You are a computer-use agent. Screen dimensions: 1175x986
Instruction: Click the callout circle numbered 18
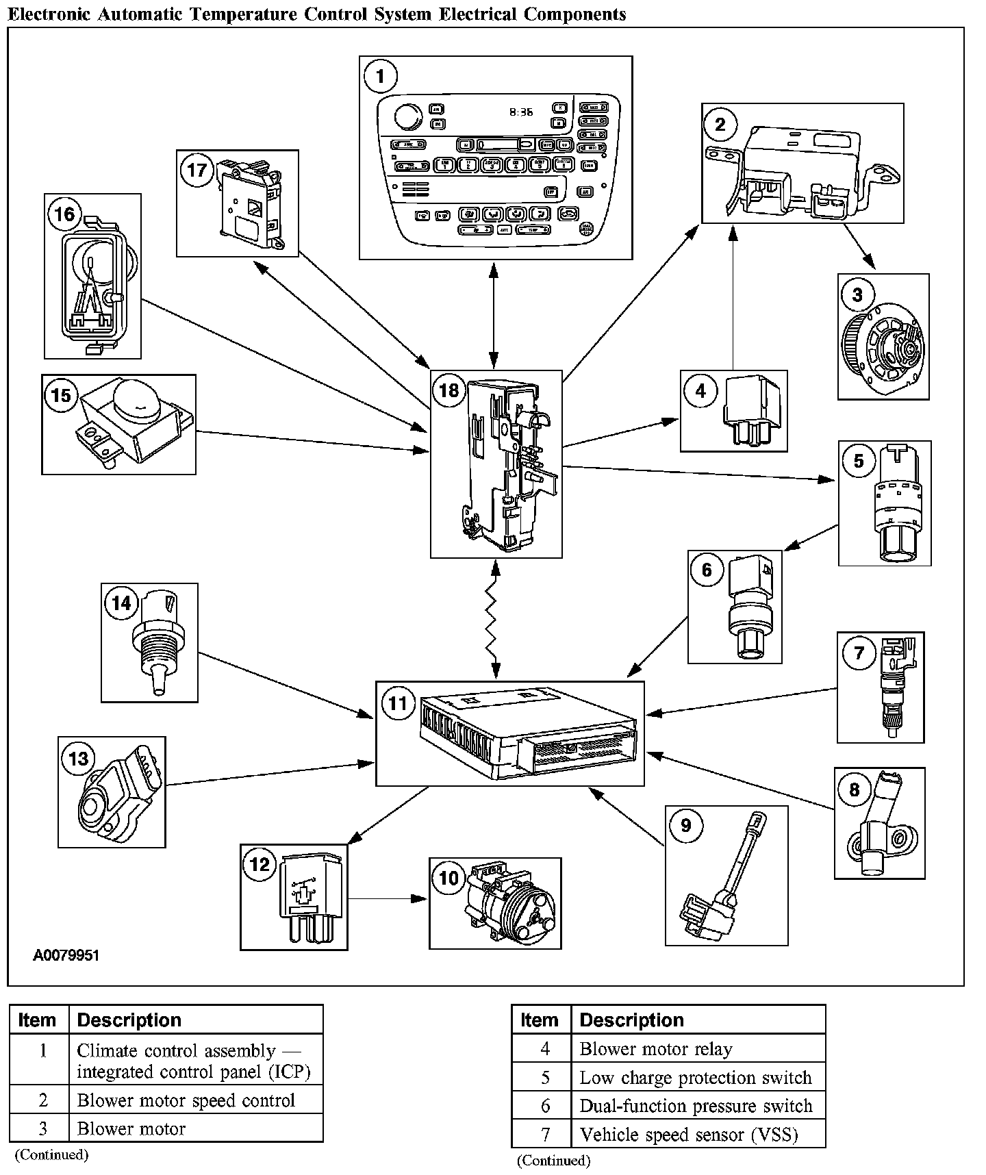(x=448, y=390)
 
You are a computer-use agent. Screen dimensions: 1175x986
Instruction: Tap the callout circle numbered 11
(x=398, y=703)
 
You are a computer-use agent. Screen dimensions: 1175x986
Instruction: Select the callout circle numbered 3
(x=857, y=294)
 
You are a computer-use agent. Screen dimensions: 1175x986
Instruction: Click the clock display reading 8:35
(x=521, y=111)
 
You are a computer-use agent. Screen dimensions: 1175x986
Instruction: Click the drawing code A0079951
(x=66, y=955)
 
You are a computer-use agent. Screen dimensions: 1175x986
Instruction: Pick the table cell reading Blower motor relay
(x=655, y=1049)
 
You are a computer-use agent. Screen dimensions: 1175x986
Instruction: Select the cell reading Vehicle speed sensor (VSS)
(x=688, y=1135)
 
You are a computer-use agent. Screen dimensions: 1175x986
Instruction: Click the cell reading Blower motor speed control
(x=186, y=1100)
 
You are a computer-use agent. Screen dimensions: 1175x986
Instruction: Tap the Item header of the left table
(x=37, y=1020)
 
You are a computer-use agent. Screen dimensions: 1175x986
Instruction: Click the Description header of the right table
(x=631, y=1020)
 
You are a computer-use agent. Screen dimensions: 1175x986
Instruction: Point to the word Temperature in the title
(x=238, y=14)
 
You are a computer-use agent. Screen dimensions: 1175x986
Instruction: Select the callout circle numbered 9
(x=685, y=825)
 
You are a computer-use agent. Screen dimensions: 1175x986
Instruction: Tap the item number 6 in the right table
(x=545, y=1106)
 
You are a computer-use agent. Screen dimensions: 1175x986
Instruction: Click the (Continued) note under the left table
(x=51, y=1154)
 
